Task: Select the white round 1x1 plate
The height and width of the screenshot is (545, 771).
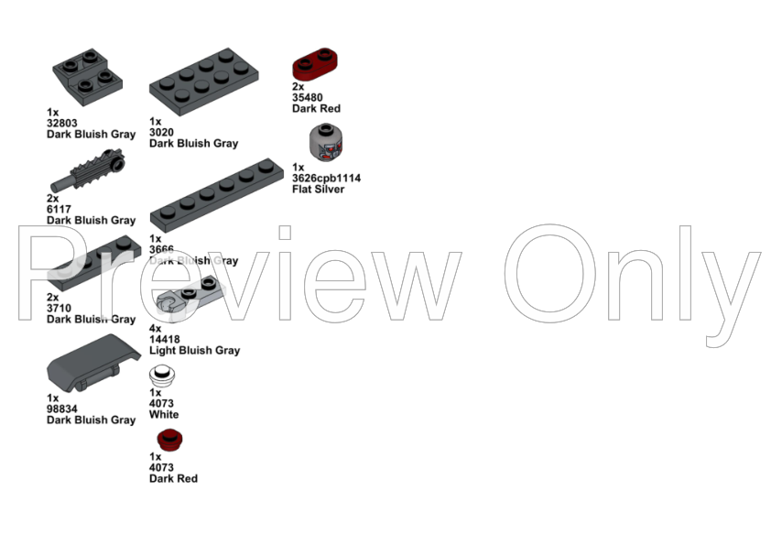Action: click(163, 375)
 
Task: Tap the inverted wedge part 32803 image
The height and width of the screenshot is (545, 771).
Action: click(88, 76)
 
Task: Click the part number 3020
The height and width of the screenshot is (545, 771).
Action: click(162, 132)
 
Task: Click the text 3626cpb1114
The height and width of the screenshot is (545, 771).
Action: click(327, 179)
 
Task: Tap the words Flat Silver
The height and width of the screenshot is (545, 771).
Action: click(319, 190)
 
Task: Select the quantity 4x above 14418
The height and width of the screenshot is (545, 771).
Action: click(156, 328)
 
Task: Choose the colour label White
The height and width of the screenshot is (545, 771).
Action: click(165, 414)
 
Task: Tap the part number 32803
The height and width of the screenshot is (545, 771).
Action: click(64, 123)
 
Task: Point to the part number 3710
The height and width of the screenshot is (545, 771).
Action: click(60, 308)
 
